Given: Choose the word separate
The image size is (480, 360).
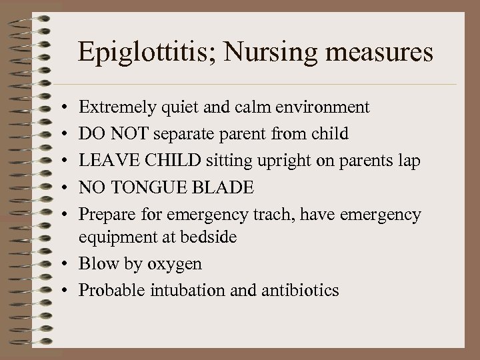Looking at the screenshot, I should pos(187,134).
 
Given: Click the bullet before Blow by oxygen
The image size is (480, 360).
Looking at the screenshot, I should pos(69,263).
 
